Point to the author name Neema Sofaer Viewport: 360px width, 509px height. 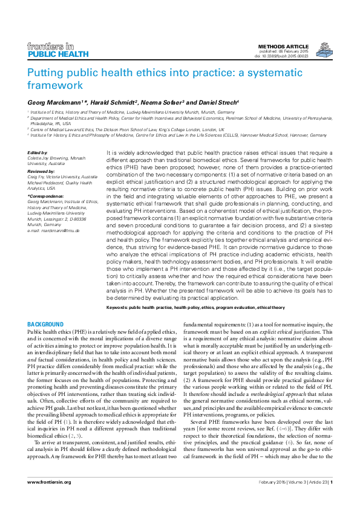[163, 101]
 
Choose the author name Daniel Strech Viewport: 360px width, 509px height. [218, 101]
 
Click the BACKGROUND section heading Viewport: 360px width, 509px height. [45, 325]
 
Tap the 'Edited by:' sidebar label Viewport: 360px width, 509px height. [38, 153]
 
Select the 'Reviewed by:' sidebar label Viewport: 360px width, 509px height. [41, 171]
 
